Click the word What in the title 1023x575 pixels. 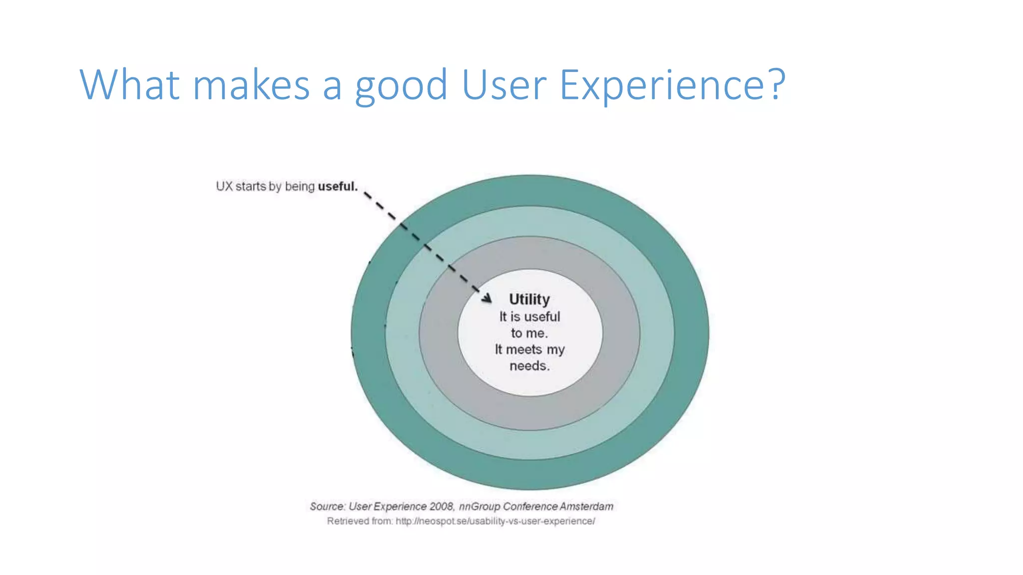129,85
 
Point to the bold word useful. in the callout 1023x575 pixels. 338,187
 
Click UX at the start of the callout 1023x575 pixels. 224,187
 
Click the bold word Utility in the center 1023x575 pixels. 529,299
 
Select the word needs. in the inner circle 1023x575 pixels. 529,366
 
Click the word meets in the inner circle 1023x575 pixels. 523,349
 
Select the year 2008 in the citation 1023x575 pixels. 441,507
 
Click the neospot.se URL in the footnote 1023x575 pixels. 495,521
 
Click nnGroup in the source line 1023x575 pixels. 479,507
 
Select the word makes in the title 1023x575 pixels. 251,85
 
